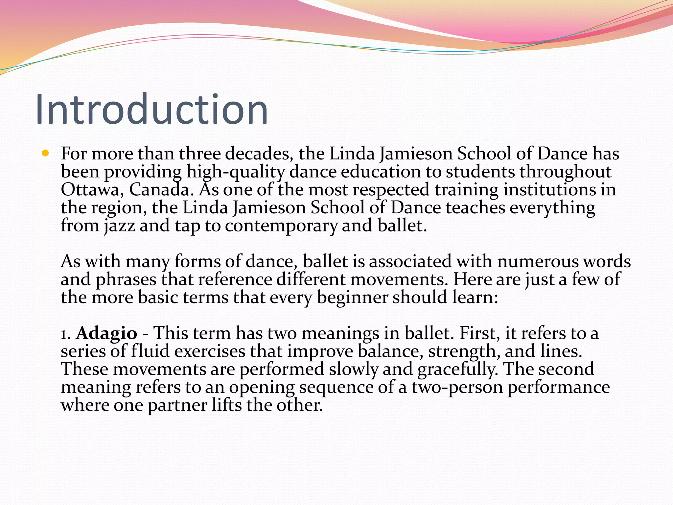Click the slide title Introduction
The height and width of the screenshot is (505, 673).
click(152, 109)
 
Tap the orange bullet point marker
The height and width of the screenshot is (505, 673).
click(45, 153)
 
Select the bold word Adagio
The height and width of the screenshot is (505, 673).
click(106, 333)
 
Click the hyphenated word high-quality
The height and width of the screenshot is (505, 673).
click(235, 172)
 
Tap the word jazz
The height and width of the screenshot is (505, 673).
click(120, 226)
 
